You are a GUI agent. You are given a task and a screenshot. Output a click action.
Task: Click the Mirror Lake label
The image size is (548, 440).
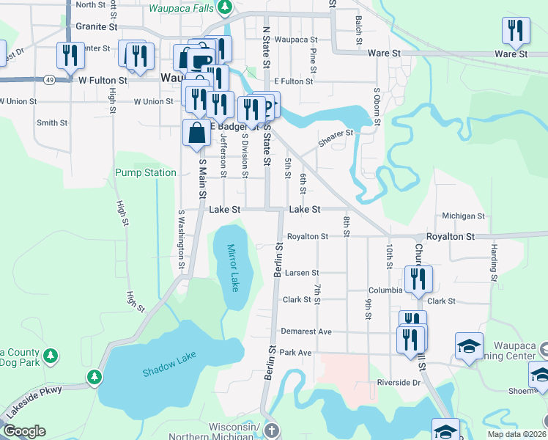[x=233, y=268]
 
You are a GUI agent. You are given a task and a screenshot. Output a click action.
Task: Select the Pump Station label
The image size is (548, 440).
[x=146, y=173]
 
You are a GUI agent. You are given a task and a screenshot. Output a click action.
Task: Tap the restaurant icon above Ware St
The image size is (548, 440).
[x=516, y=30]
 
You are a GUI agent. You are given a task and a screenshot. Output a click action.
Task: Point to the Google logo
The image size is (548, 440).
[x=24, y=431]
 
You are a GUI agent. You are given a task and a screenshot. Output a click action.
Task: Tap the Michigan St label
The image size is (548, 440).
[x=463, y=216]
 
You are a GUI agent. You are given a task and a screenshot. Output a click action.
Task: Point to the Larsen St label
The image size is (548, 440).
[x=303, y=273]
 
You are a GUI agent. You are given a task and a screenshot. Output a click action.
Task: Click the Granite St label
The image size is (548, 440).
[x=97, y=26]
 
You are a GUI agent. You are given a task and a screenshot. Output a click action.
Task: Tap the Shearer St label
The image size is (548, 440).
[x=336, y=133]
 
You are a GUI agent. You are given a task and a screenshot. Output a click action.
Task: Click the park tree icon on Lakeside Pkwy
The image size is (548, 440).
[x=95, y=378]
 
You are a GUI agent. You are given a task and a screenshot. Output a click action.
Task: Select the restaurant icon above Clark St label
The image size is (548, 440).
[x=418, y=279]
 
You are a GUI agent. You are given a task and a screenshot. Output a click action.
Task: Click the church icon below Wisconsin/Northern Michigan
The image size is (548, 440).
[x=272, y=430]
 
